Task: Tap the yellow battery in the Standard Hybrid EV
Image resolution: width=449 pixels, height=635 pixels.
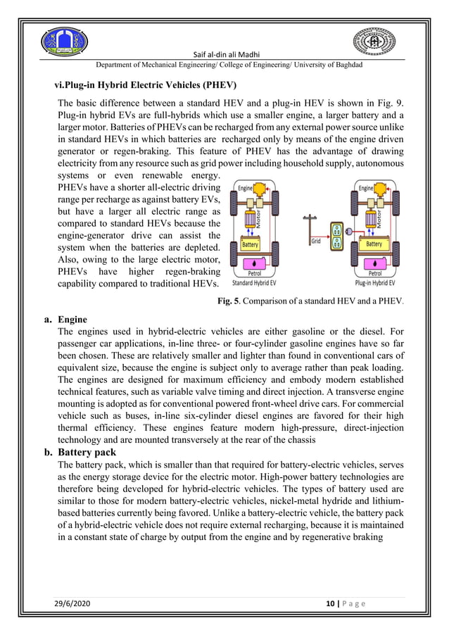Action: (x=251, y=244)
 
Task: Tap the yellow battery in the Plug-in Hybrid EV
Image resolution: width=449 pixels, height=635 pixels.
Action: (x=374, y=244)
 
